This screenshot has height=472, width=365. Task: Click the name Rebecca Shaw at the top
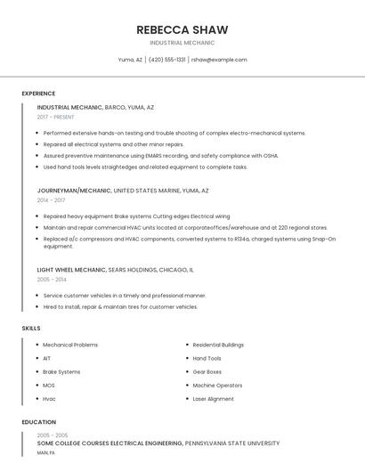coord(182,28)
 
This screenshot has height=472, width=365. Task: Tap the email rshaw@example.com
coord(218,60)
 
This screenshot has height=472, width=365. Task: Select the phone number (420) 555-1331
coord(166,60)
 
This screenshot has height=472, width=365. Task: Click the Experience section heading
coord(38,94)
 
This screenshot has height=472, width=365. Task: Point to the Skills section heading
coord(31,329)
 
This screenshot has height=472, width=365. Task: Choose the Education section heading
coord(39,422)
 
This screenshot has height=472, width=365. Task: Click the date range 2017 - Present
coord(56,117)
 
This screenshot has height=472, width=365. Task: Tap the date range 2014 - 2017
coord(51,200)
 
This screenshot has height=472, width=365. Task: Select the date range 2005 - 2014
coord(52,279)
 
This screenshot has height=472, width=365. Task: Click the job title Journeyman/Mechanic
coord(75,191)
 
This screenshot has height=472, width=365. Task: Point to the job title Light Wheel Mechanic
coord(71,269)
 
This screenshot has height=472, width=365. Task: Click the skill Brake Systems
coord(61,371)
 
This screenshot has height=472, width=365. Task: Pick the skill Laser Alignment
coord(213,399)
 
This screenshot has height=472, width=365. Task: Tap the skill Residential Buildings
coord(218,345)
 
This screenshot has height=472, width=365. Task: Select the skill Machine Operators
coord(217,386)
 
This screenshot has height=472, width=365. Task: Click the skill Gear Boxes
coord(207,371)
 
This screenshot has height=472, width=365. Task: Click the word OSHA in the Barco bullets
coord(269,155)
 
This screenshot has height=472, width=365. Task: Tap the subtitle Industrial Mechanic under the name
coord(182,43)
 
